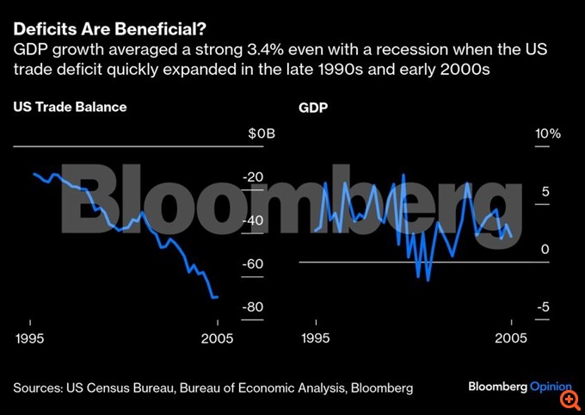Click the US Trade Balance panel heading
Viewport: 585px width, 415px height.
70,108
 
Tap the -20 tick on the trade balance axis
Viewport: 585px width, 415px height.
254,177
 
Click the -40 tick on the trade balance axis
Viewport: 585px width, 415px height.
254,220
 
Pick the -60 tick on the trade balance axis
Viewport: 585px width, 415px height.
254,263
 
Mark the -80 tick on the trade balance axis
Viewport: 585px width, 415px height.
254,307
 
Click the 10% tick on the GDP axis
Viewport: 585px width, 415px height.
548,134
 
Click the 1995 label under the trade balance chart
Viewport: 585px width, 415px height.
30,338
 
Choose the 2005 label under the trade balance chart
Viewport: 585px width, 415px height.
219,338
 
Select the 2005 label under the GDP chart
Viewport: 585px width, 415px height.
512,338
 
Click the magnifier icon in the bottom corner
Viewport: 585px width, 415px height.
568,400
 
